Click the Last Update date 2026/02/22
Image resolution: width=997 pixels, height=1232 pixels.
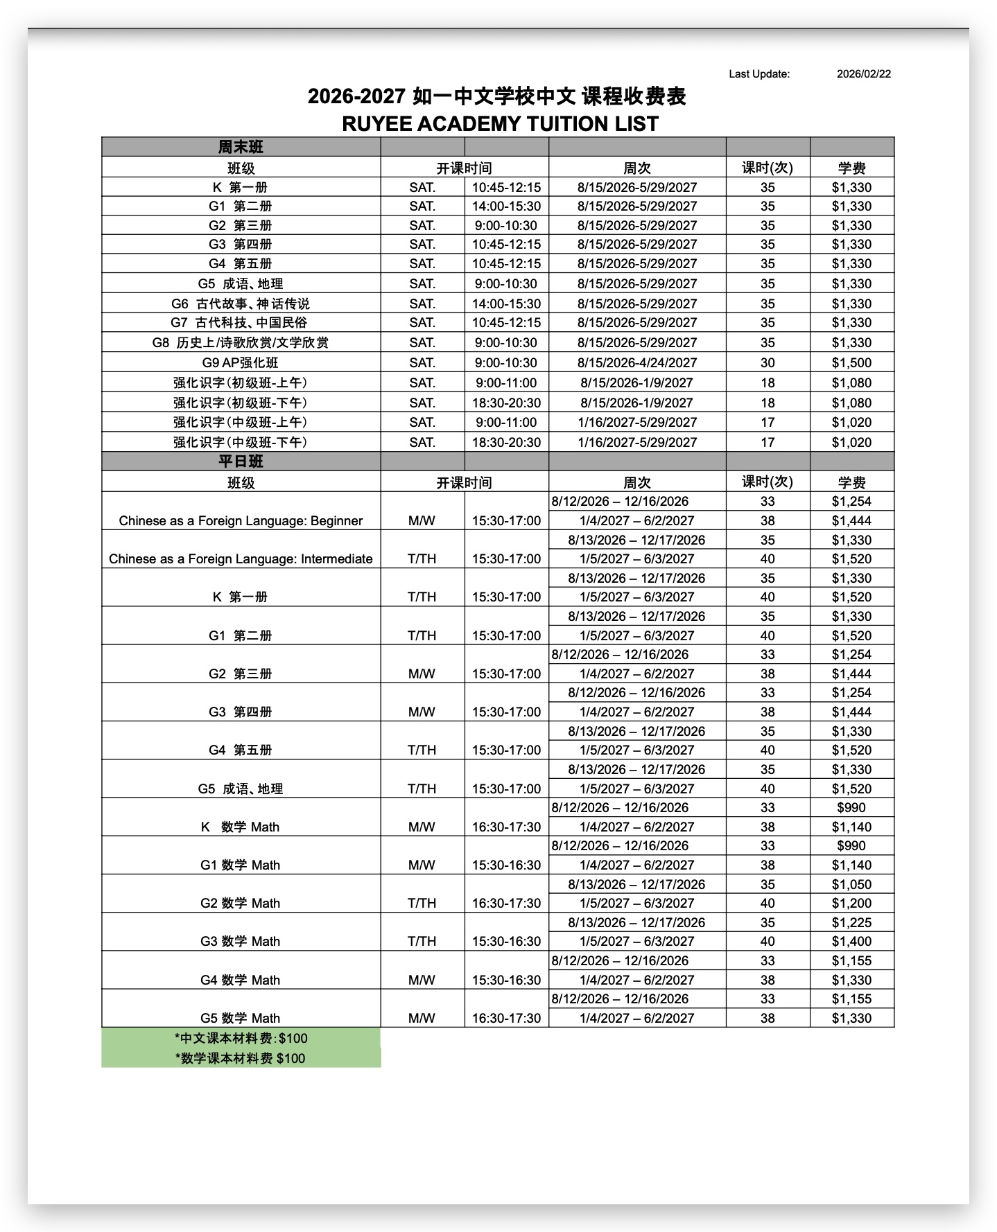pos(863,74)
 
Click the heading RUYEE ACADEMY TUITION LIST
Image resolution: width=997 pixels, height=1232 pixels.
pos(500,124)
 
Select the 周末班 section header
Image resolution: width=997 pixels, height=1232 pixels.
pos(241,147)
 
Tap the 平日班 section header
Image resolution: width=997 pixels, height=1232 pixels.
pos(241,461)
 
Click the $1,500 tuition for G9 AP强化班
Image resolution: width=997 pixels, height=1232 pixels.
pos(851,362)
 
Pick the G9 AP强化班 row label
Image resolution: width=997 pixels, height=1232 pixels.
pos(241,362)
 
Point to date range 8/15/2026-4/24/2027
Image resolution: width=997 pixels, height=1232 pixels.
pos(637,362)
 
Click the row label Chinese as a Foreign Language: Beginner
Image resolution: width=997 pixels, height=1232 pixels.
pos(241,521)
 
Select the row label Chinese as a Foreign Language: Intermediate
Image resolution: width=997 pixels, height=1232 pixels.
pos(241,559)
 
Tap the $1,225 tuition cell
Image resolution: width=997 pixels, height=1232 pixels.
pos(851,922)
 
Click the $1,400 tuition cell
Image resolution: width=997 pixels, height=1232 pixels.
pos(851,941)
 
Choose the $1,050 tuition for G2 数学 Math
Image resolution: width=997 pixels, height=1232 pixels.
pos(851,884)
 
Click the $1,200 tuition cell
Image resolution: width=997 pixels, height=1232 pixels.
pos(851,903)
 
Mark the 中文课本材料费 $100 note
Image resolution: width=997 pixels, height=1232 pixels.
pos(241,1038)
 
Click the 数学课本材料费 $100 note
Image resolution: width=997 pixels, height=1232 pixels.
pos(241,1058)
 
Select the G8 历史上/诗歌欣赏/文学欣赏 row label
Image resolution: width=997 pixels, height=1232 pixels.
pos(241,342)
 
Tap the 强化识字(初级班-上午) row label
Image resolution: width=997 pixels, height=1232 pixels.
pos(241,382)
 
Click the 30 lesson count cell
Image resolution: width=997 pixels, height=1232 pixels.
pos(768,362)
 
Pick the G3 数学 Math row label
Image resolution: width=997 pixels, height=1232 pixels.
pos(241,941)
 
